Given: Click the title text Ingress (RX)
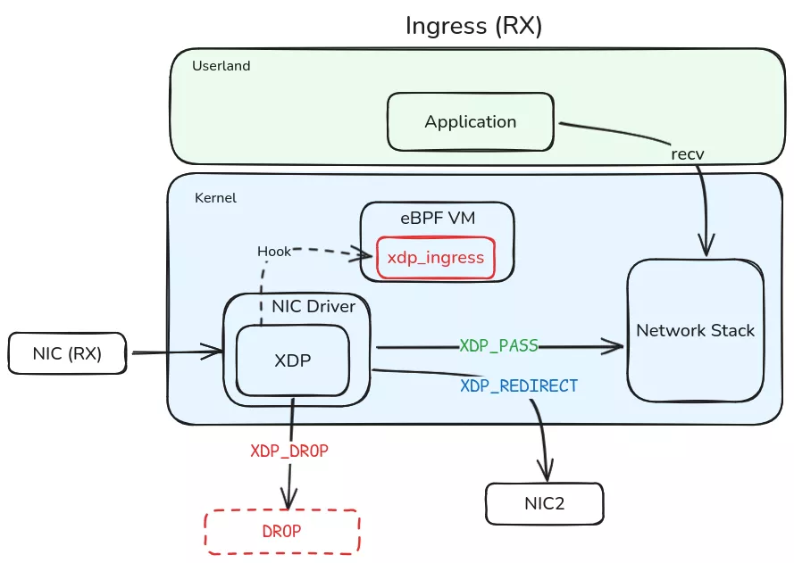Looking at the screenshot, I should pyautogui.click(x=473, y=25).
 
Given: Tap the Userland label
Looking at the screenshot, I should pyautogui.click(x=221, y=66).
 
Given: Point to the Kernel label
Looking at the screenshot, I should pyautogui.click(x=215, y=197).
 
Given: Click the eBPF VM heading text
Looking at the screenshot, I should pyautogui.click(x=437, y=218).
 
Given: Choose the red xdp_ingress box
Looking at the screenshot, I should pyautogui.click(x=436, y=258).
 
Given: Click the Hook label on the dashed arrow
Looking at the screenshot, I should pyautogui.click(x=274, y=252).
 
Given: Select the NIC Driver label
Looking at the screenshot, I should pyautogui.click(x=313, y=307).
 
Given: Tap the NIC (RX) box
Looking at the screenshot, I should pyautogui.click(x=68, y=353).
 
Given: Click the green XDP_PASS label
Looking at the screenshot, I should pyautogui.click(x=499, y=345).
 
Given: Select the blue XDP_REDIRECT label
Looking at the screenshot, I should pyautogui.click(x=519, y=385).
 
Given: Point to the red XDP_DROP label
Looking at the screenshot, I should pyautogui.click(x=288, y=451).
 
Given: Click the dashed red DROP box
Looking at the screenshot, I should pyautogui.click(x=282, y=531).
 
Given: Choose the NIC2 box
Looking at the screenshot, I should pyautogui.click(x=544, y=503).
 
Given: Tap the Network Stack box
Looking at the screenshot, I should pyautogui.click(x=695, y=331).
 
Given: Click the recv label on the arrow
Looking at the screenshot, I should pyautogui.click(x=688, y=153).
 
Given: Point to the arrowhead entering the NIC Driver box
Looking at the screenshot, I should pyautogui.click(x=215, y=352).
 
